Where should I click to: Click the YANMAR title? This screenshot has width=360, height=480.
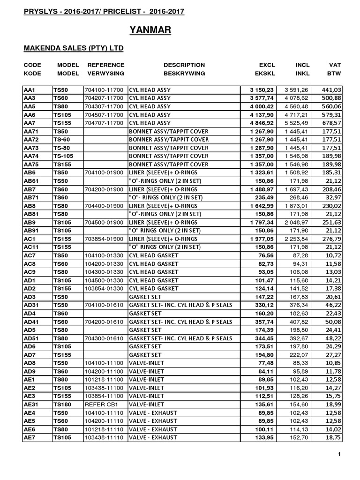(150, 30)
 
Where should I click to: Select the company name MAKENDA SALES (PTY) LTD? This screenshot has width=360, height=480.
(74, 48)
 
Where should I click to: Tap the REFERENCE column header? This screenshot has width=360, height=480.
(106, 65)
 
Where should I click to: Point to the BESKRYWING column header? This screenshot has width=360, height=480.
(184, 74)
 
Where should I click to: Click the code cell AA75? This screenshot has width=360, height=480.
(31, 164)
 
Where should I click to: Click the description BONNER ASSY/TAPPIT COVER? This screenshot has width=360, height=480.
(168, 139)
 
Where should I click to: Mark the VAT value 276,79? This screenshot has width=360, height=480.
(331, 239)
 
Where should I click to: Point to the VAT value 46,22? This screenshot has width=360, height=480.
(333, 305)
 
